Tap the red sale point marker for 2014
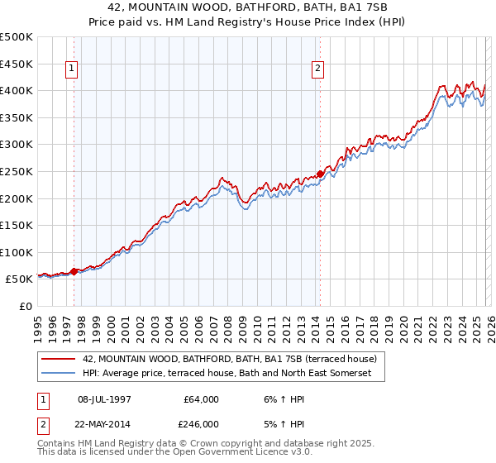point(320,174)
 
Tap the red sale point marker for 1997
point(74,271)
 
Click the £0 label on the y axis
point(26,306)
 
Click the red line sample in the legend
point(58,359)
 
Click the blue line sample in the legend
point(58,374)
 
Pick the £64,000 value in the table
point(202,399)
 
